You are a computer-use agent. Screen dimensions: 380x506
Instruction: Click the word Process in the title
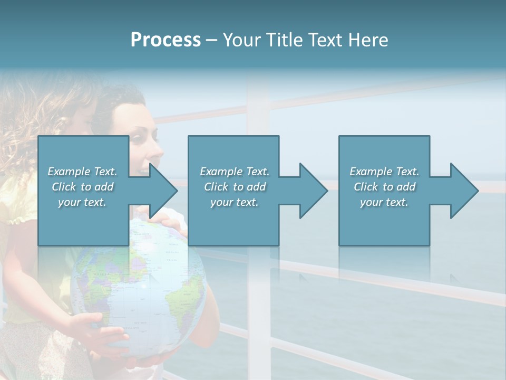(166, 40)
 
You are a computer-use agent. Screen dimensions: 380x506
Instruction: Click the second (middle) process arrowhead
(313, 191)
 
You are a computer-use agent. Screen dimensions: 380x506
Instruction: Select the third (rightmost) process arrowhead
(464, 191)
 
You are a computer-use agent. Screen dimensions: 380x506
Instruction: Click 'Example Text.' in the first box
(82, 172)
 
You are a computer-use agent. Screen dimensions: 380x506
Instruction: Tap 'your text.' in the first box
(82, 202)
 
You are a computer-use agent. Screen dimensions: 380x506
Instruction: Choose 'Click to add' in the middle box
(235, 187)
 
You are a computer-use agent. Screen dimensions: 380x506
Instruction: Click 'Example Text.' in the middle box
(235, 172)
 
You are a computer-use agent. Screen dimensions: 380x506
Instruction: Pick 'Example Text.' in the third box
(384, 172)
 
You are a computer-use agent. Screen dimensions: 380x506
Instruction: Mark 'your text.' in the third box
(384, 202)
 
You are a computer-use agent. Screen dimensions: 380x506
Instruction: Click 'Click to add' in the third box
(384, 187)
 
